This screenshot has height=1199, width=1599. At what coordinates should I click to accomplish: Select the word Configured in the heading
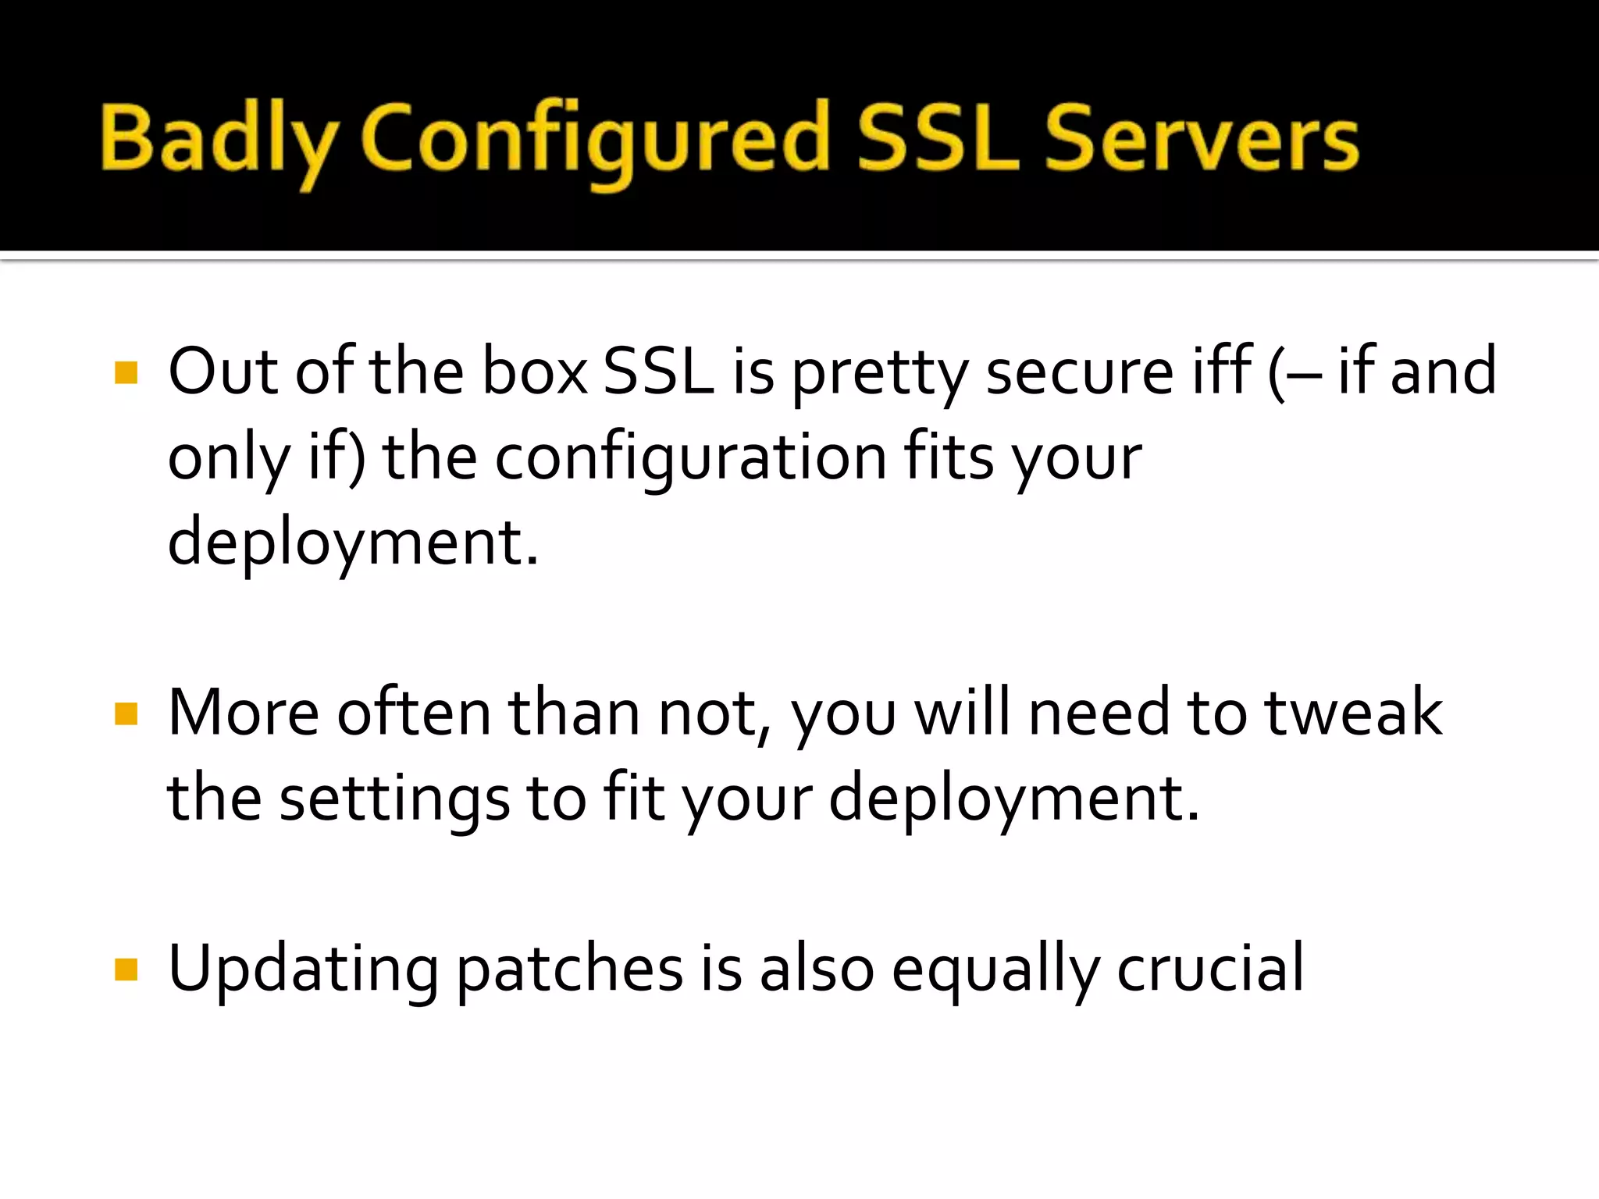pyautogui.click(x=595, y=141)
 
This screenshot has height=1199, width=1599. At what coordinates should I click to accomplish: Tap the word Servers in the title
pyautogui.click(x=1202, y=141)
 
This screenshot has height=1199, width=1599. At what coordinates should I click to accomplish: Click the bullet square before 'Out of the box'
pyautogui.click(x=126, y=372)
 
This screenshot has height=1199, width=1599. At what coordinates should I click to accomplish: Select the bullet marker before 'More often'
pyautogui.click(x=126, y=713)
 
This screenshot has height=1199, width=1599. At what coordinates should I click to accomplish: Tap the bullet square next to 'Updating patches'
pyautogui.click(x=126, y=970)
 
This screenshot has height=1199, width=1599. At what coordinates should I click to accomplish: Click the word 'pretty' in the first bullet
pyautogui.click(x=880, y=373)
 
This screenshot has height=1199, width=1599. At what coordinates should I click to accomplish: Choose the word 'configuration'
pyautogui.click(x=691, y=459)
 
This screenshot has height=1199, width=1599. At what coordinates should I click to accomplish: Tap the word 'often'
pyautogui.click(x=414, y=713)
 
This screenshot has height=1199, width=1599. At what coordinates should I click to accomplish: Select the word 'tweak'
pyautogui.click(x=1353, y=713)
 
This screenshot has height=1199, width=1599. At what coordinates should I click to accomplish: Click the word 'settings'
pyautogui.click(x=394, y=799)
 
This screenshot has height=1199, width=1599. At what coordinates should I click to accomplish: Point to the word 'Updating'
pyautogui.click(x=303, y=970)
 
